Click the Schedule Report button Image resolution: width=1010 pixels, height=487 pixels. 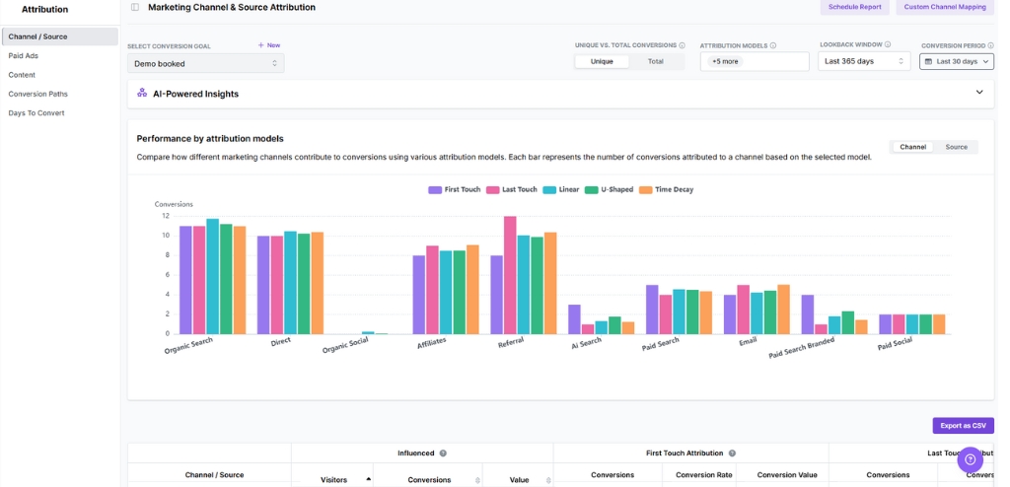(854, 7)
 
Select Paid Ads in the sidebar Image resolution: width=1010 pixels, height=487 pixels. (24, 55)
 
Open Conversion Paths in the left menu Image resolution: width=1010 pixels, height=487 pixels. (38, 94)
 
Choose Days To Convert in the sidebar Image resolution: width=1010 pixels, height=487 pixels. (36, 112)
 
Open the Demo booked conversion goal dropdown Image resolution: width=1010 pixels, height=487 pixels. (205, 63)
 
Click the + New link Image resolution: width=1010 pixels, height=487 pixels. (269, 45)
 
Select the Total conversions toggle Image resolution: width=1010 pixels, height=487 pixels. (655, 61)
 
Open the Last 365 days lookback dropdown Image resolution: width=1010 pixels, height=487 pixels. (863, 61)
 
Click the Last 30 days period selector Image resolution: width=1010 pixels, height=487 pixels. (956, 61)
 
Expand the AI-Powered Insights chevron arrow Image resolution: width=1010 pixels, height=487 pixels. (978, 93)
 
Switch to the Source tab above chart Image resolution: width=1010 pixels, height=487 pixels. (956, 147)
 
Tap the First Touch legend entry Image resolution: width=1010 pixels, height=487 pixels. (455, 189)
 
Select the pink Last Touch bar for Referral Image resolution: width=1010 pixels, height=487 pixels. (510, 275)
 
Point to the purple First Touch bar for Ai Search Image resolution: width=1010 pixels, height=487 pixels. (574, 318)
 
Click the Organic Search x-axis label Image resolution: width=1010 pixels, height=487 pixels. (188, 346)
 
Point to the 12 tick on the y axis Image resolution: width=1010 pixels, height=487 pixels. (166, 215)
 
